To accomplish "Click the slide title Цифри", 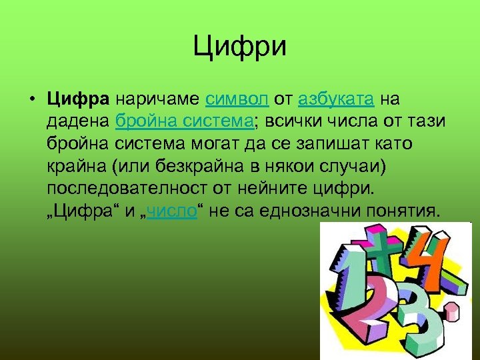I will coord(240,47).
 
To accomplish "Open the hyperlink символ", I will coord(237,99).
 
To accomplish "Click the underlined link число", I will coord(172,211).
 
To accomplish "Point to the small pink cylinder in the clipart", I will coord(454,308).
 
